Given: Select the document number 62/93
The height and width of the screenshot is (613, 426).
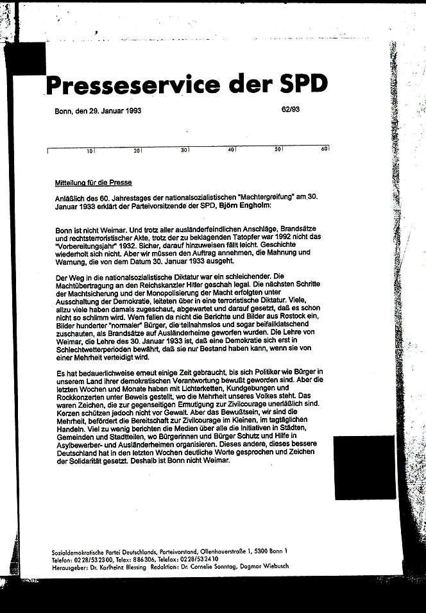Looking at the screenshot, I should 290,109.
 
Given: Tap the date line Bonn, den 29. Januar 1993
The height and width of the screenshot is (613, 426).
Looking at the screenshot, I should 98,110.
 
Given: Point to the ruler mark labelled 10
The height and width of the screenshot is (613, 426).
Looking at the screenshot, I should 90,150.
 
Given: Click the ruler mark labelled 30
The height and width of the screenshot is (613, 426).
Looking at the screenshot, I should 183,150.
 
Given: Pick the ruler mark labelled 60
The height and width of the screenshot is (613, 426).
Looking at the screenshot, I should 325,149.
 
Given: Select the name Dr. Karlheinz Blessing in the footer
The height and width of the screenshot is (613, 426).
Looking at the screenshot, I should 129,566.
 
